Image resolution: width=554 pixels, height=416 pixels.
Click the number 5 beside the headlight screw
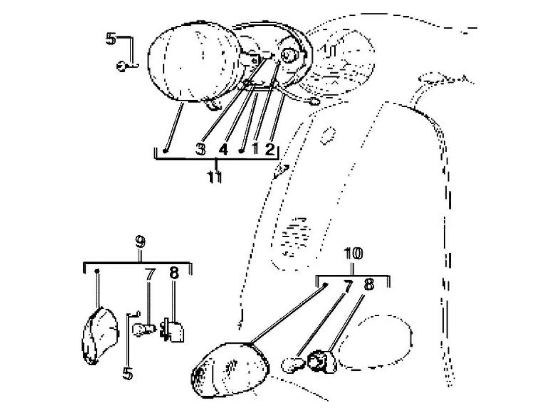pyautogui.click(x=111, y=39)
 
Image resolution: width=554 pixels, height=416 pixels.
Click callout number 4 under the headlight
pyautogui.click(x=224, y=149)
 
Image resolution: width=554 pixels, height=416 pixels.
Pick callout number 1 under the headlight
pyautogui.click(x=255, y=149)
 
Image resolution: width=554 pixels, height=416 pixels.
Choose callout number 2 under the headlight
pyautogui.click(x=270, y=149)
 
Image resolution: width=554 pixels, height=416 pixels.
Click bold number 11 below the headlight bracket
pyautogui.click(x=215, y=177)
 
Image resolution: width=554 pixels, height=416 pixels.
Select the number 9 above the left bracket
pyautogui.click(x=140, y=242)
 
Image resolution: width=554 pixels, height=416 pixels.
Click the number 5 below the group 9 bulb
pyautogui.click(x=127, y=374)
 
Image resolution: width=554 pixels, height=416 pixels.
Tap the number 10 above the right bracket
pyautogui.click(x=353, y=253)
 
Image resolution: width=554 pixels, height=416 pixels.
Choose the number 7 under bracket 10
pyautogui.click(x=347, y=286)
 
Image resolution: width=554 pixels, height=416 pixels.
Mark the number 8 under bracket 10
pyautogui.click(x=368, y=284)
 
